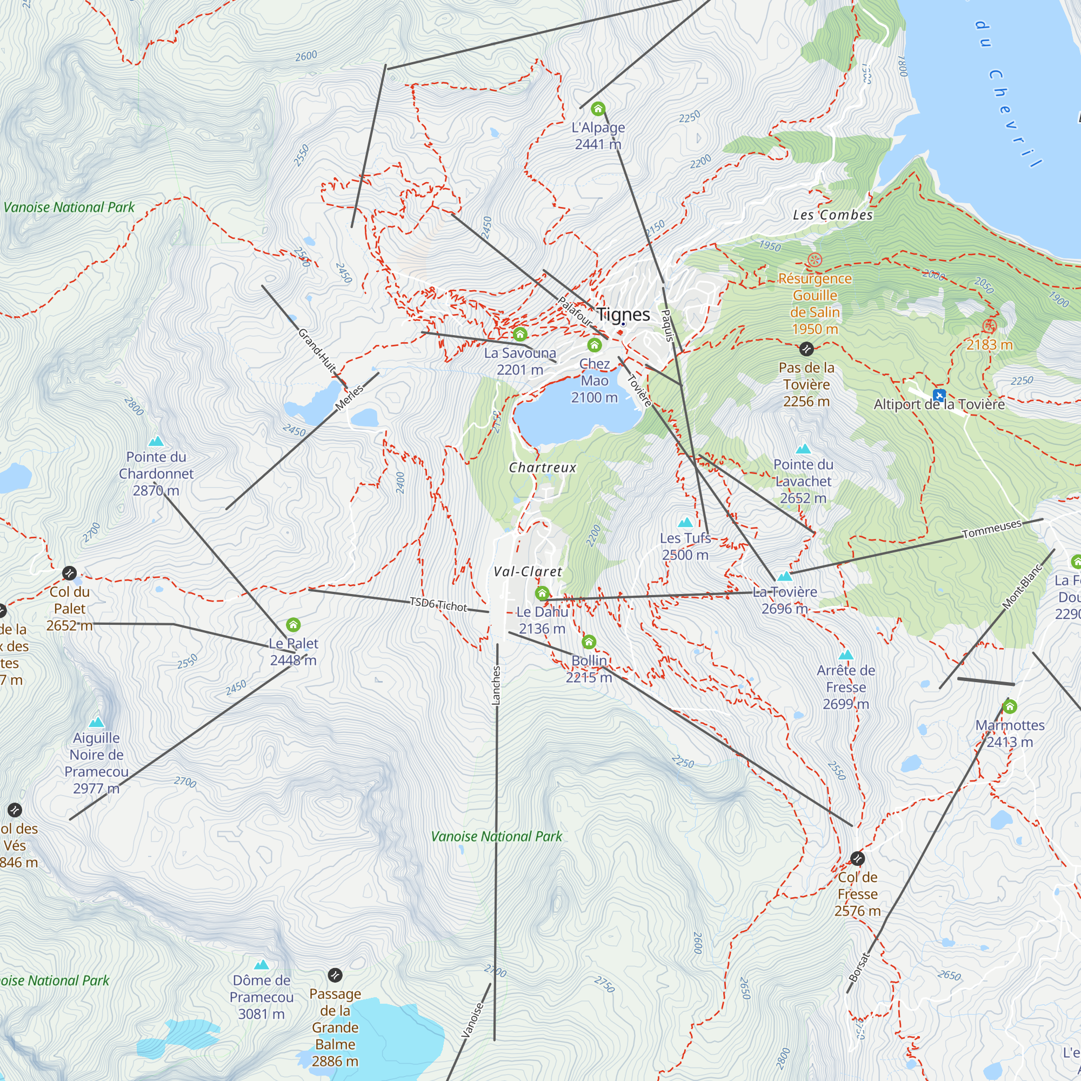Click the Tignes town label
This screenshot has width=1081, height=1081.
coord(623,315)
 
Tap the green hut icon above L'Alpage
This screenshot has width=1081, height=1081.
coord(598,109)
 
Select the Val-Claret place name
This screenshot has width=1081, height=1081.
coord(528,572)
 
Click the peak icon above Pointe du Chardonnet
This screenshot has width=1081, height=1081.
coord(156,441)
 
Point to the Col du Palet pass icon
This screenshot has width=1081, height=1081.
coord(69,573)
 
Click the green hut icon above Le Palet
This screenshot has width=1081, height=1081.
coord(293,625)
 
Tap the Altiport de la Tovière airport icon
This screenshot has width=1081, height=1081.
coord(939,395)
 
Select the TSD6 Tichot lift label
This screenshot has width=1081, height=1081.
coord(438,604)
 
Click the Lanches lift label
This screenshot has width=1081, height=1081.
coord(496,685)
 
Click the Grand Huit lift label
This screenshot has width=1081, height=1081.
coord(317,350)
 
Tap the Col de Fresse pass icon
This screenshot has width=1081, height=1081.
coord(857,858)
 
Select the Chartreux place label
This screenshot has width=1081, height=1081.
coord(542,468)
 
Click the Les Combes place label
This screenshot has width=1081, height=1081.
coord(832,215)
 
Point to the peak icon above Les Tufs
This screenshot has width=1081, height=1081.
coord(685,523)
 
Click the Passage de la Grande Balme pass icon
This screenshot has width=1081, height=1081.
coord(335,975)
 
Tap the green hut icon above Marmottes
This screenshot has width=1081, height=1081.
coord(1010,706)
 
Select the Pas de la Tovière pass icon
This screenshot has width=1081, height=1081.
coord(806,349)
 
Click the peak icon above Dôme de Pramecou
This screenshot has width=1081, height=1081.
coord(261,965)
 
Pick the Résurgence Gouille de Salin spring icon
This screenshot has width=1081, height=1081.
coord(815,259)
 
